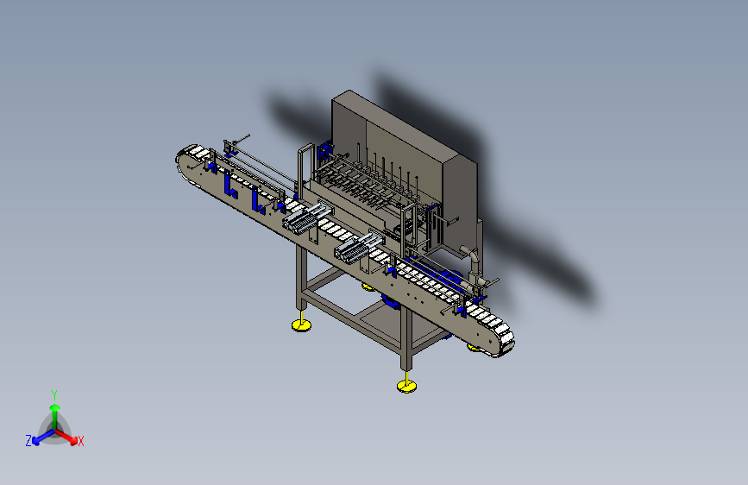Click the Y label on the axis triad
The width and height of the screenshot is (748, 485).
click(x=54, y=394)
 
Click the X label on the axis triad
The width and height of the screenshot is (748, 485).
click(x=80, y=441)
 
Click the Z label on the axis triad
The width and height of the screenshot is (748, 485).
click(x=28, y=441)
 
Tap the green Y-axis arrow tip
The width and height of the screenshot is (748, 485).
click(x=55, y=407)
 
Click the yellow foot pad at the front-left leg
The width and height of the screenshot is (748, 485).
click(x=301, y=325)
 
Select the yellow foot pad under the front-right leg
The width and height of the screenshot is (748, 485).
click(x=406, y=386)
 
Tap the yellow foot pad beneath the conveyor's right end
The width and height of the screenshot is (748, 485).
click(x=474, y=348)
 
